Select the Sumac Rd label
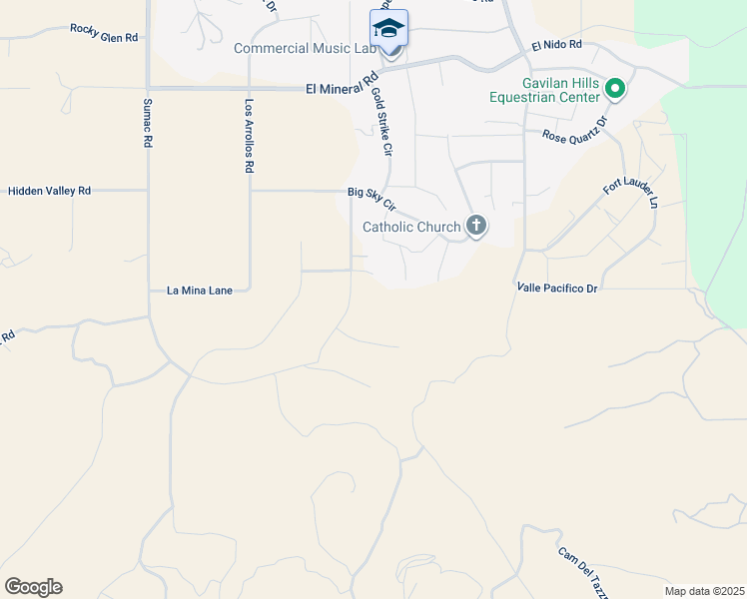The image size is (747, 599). point(147,123)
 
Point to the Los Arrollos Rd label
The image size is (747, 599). point(249,136)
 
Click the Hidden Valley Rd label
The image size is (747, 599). point(49,190)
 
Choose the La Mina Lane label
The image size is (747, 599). point(199,291)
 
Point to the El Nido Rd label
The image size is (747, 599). point(556,46)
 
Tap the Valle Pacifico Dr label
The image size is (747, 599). point(556,288)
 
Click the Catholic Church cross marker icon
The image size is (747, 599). point(476,226)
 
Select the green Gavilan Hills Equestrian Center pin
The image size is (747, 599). point(616,90)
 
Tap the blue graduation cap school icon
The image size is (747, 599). point(388,27)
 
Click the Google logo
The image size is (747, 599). point(33,587)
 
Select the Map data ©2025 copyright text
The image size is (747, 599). point(705,591)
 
